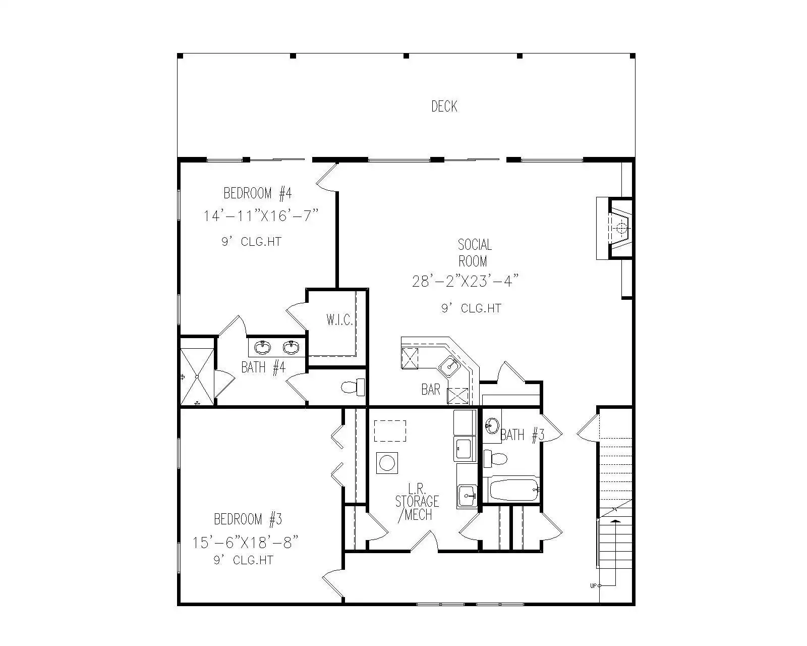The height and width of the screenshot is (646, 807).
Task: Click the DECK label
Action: (444, 106)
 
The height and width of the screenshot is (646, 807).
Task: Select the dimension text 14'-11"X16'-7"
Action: (261, 216)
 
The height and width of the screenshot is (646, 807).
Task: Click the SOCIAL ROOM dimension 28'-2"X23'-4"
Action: (465, 281)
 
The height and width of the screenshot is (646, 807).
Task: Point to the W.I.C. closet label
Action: (340, 320)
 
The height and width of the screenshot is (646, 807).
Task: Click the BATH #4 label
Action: (263, 367)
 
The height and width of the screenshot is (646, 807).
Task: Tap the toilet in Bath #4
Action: (353, 387)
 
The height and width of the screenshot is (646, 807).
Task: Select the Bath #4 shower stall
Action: (197, 377)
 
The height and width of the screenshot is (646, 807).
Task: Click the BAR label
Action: (431, 390)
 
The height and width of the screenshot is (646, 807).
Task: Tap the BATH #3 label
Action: (522, 435)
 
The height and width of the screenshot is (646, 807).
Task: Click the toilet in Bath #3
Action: (495, 459)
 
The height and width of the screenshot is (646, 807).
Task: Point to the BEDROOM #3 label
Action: (248, 519)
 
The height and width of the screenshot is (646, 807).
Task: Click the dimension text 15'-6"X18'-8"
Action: (246, 543)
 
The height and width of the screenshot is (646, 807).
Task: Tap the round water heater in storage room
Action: (387, 463)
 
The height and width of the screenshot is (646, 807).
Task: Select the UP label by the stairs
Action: (593, 597)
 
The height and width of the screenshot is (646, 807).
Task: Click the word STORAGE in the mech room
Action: (417, 502)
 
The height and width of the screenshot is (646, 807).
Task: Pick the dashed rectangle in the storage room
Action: (390, 431)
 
